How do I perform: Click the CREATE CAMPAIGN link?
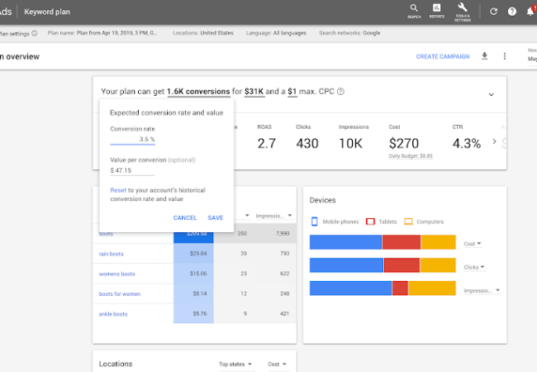(x=442, y=56)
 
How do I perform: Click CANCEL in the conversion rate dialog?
(x=185, y=217)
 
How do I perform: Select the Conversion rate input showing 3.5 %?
(x=133, y=140)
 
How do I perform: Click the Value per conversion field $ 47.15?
(x=132, y=170)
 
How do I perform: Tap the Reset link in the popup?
(x=118, y=190)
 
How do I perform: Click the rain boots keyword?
(x=111, y=254)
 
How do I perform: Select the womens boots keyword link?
(x=116, y=274)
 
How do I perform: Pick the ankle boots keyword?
(x=113, y=314)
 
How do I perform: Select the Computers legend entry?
(x=424, y=222)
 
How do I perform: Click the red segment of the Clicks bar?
(x=402, y=265)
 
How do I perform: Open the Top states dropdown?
(x=236, y=364)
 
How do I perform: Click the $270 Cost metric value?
(x=405, y=143)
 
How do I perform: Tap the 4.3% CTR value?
(x=467, y=143)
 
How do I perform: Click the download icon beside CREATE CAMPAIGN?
(x=485, y=56)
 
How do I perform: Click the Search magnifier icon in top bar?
(x=413, y=10)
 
